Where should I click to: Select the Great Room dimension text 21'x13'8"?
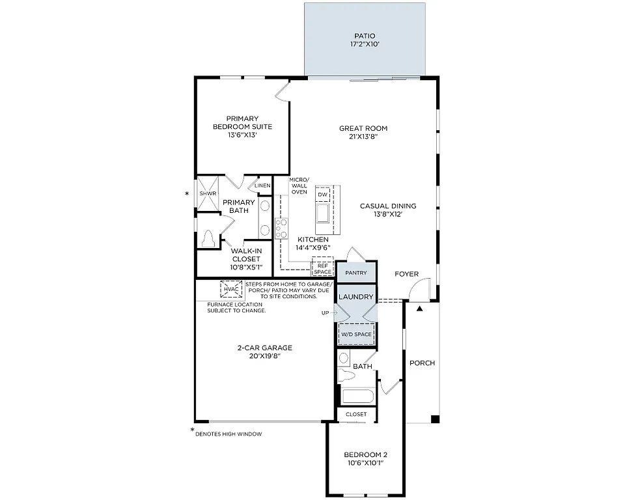tap(363, 138)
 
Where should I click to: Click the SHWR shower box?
tap(208, 194)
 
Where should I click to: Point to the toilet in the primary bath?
tap(209, 239)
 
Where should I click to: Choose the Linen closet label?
tap(262, 186)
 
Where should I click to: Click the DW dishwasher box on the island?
tap(322, 195)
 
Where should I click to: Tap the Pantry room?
tap(356, 273)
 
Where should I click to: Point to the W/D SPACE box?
tap(356, 335)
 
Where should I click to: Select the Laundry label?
tap(356, 297)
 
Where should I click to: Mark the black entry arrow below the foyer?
tap(419, 307)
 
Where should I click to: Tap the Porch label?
tap(422, 363)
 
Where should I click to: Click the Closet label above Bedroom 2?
tap(356, 414)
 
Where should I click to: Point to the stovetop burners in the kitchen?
tap(283, 228)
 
